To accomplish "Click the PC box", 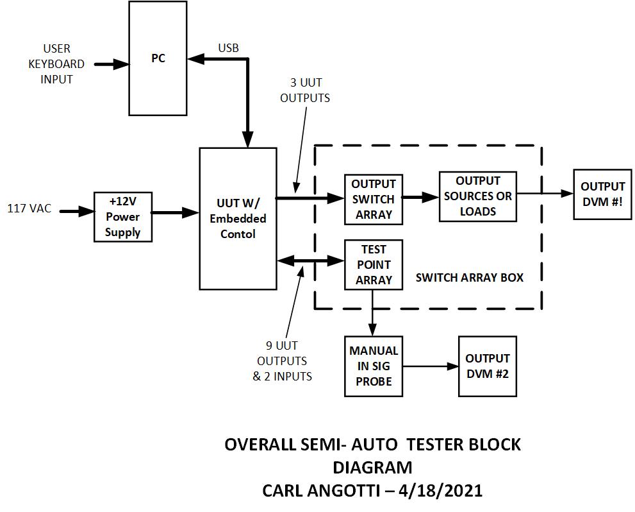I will tap(158, 58).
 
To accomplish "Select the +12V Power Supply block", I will tap(122, 217).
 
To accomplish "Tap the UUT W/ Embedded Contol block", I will tap(238, 219).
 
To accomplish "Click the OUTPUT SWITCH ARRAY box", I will tap(373, 199).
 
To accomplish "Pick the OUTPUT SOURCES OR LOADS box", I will tap(477, 196).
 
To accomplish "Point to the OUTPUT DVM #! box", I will tap(602, 194).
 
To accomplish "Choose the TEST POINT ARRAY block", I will tap(373, 264).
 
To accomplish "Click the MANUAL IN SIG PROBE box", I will tap(373, 366).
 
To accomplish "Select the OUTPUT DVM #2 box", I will tap(486, 366).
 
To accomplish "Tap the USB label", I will tap(228, 48).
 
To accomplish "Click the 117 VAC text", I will tap(29, 209).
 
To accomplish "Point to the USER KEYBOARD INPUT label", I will tap(56, 64).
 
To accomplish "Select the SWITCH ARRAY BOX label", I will tap(469, 278).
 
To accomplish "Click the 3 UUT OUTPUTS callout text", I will tap(305, 90).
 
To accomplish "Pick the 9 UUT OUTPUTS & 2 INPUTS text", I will tap(282, 361).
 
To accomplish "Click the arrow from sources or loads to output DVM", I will tap(544, 192).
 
